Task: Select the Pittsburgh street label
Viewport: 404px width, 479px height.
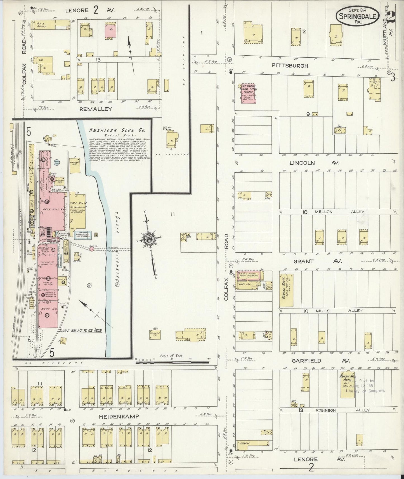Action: [290, 66]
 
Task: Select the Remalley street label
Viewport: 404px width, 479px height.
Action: [96, 109]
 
